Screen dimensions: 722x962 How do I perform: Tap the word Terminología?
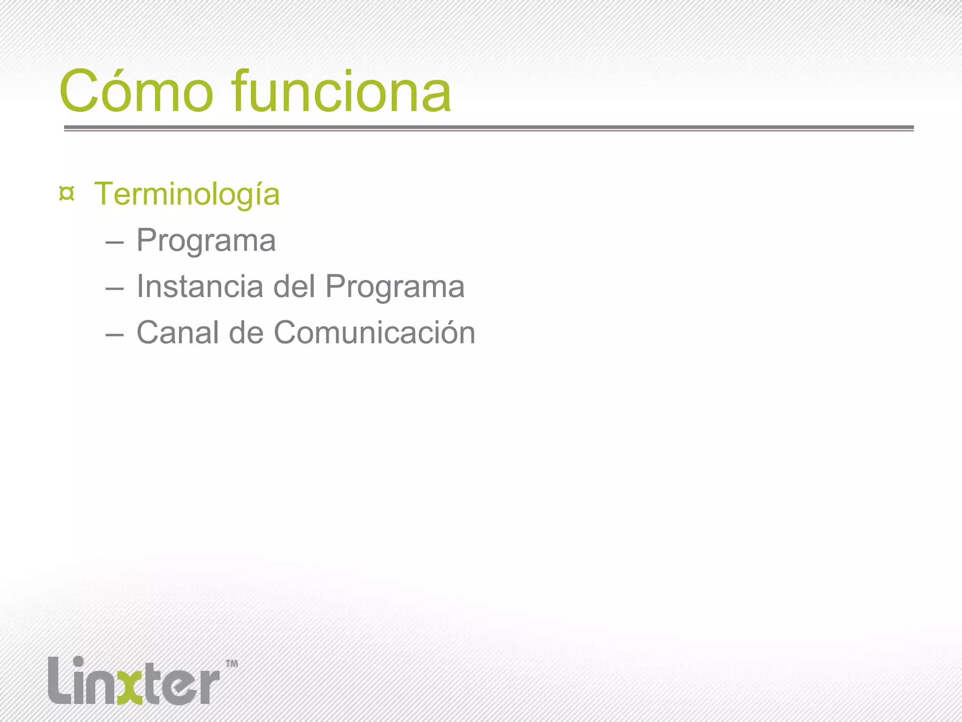point(186,194)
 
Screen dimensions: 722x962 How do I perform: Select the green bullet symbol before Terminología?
point(67,194)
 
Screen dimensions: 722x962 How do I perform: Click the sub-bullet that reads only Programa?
point(206,241)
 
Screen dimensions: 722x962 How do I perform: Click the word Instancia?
point(200,286)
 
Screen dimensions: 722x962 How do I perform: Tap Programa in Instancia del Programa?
point(395,287)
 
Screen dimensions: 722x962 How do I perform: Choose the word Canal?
point(178,333)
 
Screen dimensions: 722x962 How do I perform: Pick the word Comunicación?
point(374,333)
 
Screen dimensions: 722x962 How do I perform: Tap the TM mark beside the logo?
point(232,664)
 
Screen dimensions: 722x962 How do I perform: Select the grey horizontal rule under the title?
point(489,128)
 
